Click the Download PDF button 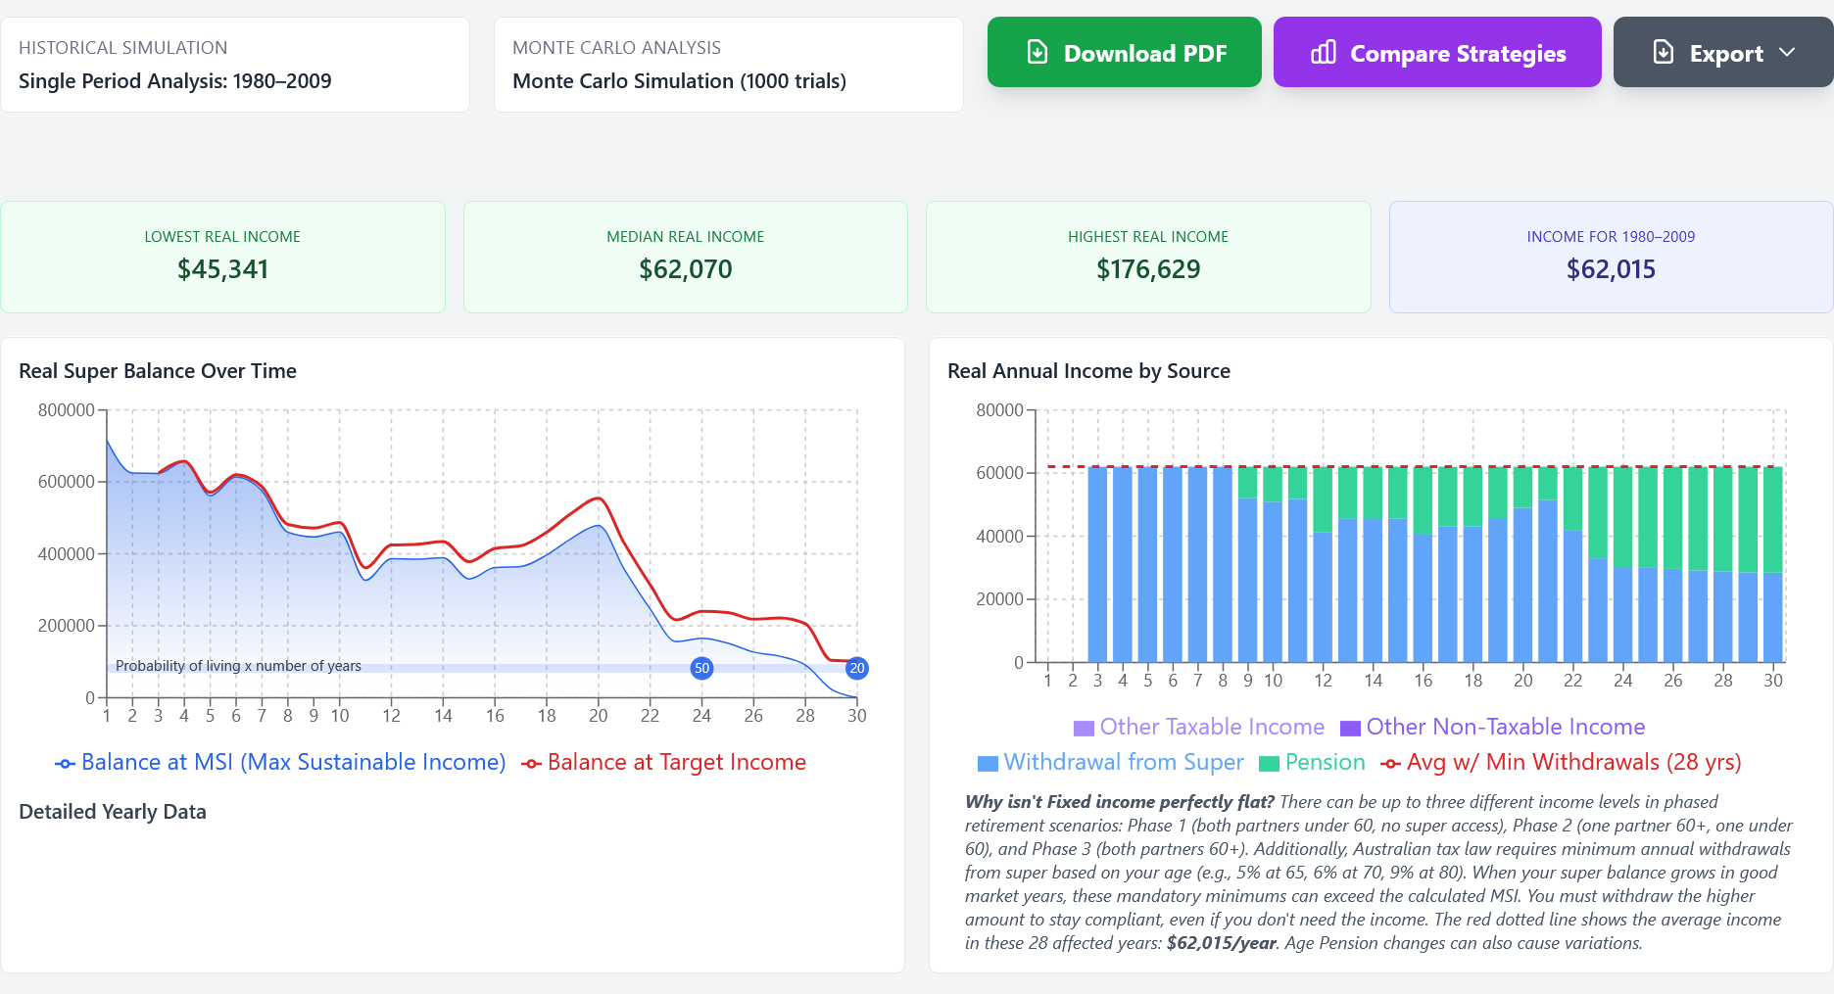click(1124, 53)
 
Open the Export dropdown click(1722, 53)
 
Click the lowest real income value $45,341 click(222, 269)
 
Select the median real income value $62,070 click(685, 269)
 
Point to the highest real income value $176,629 click(1147, 269)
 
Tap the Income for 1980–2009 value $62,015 click(1610, 269)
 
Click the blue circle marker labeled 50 click(701, 668)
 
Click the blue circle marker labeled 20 click(856, 668)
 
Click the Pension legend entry click(1312, 763)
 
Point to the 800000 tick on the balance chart click(67, 410)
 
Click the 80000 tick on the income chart click(999, 410)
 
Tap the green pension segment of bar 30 click(1772, 519)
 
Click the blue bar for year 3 click(1097, 564)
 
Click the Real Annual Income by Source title click(1088, 371)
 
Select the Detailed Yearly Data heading click(113, 812)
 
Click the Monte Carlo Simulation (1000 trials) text click(679, 81)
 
